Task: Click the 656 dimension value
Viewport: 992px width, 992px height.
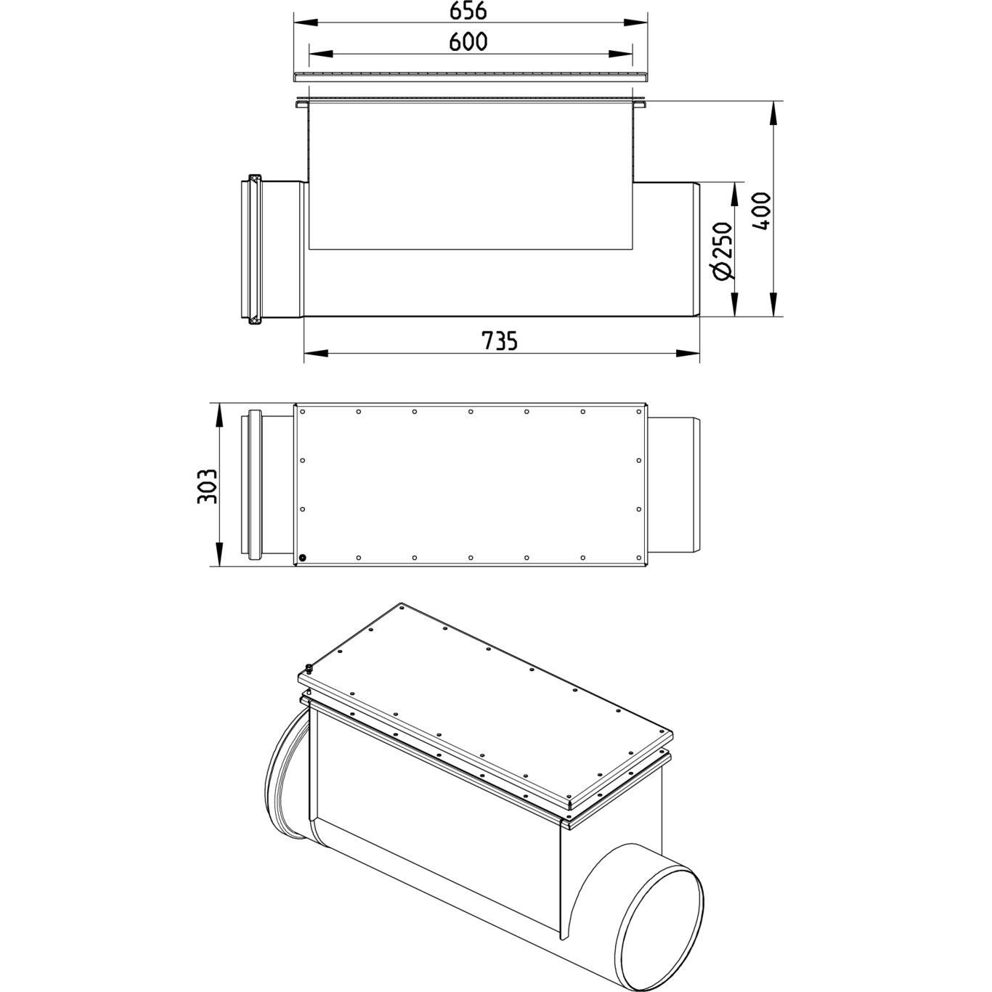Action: [x=468, y=12]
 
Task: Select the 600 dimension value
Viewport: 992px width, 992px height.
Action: [x=468, y=42]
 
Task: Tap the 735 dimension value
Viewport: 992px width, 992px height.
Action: [x=500, y=341]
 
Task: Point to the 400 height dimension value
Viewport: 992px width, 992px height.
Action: [x=762, y=211]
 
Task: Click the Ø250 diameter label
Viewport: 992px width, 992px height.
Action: [x=723, y=251]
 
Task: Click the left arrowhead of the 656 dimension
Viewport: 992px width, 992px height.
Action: [x=305, y=23]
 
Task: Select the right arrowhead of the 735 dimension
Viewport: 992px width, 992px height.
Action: [x=688, y=353]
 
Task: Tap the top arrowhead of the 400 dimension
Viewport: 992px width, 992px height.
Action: [x=773, y=113]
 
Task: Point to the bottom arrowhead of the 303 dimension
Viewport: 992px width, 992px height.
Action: [x=219, y=554]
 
